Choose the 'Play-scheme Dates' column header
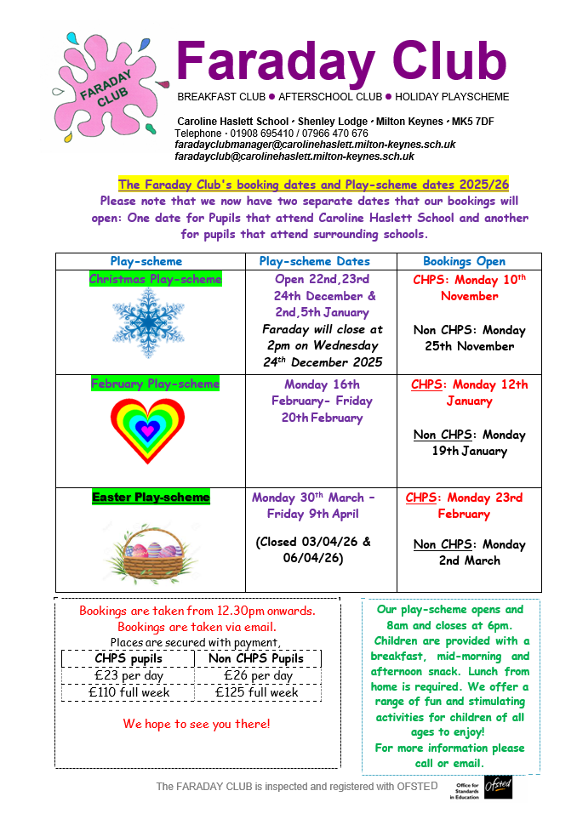tap(315, 262)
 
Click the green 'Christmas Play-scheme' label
tap(155, 279)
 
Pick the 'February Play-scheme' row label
tap(155, 384)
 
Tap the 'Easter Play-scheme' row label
tap(151, 497)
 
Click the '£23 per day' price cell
tap(128, 675)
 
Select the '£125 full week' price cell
tap(256, 692)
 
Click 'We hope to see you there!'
tap(197, 724)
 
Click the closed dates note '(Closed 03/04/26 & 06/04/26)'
tap(313, 549)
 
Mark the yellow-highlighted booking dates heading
tap(313, 184)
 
